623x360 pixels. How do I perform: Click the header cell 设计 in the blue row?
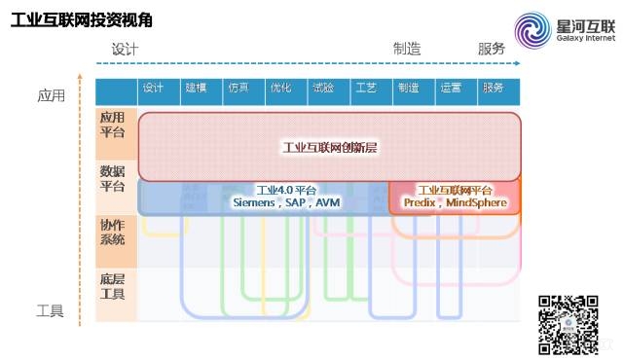153,88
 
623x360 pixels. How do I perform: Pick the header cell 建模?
196,88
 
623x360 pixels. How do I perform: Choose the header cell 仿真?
238,88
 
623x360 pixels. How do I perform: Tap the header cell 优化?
280,88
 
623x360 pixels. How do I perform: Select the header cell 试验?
323,88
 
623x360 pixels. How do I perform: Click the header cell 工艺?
366,88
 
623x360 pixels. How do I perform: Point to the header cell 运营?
451,88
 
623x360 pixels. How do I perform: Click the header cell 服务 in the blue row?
493,88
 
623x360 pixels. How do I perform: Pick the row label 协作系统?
113,233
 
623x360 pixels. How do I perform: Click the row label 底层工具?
113,286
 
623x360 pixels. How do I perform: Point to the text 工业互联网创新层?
328,147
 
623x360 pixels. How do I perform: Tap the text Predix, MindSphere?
455,203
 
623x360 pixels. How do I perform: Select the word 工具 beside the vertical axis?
50,312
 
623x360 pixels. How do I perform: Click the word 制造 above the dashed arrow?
406,49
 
